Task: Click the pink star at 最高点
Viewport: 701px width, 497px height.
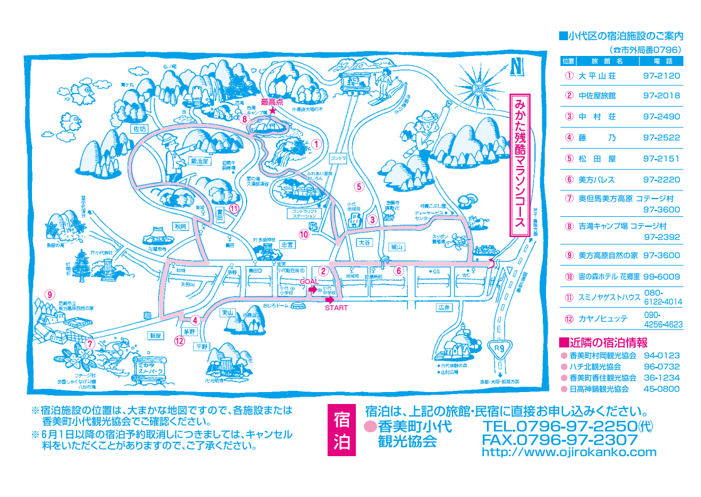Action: [272, 111]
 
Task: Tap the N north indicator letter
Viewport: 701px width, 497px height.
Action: [516, 65]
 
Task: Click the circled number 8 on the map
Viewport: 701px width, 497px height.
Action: [244, 117]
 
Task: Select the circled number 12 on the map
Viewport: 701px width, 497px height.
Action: [180, 342]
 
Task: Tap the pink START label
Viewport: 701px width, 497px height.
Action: [336, 308]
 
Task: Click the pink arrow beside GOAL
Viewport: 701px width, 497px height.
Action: [313, 290]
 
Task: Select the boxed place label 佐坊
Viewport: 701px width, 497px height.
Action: [139, 129]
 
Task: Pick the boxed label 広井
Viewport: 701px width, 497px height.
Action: [444, 307]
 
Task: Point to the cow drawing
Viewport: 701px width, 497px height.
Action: [478, 221]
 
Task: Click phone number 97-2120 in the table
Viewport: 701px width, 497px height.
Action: [661, 76]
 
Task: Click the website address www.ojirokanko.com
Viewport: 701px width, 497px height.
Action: [569, 452]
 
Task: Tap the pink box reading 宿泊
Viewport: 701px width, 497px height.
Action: [342, 430]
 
